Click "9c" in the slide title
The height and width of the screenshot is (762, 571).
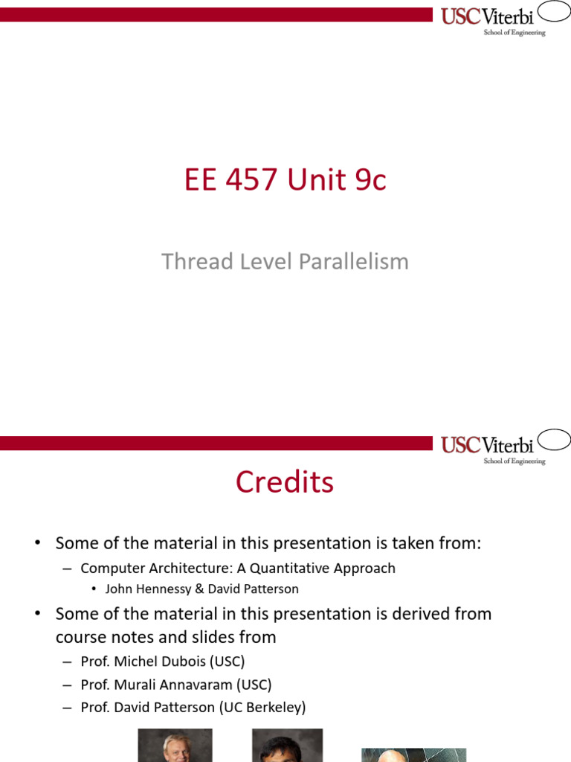click(370, 181)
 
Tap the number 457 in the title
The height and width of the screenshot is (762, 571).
click(251, 181)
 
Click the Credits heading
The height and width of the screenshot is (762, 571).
click(285, 482)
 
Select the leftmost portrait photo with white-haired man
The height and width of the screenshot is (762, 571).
click(175, 746)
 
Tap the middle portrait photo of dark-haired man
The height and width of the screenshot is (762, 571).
click(287, 746)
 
